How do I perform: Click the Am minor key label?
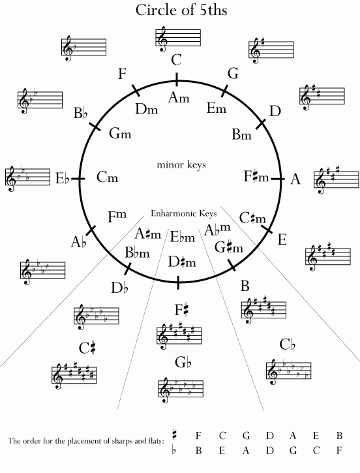click(179, 98)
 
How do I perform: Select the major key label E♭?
click(63, 178)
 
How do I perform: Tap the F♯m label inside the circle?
click(256, 176)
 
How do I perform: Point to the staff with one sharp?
click(271, 50)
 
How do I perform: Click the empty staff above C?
click(178, 38)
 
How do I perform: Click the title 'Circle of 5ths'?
click(181, 10)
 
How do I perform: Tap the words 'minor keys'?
click(181, 164)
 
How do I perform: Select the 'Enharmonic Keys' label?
click(184, 213)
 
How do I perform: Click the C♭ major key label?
click(287, 344)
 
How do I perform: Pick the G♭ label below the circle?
click(183, 362)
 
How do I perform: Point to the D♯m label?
click(182, 262)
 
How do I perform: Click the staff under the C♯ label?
click(74, 376)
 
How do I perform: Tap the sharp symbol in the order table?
click(174, 435)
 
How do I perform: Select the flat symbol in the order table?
click(173, 450)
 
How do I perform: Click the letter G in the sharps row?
click(246, 436)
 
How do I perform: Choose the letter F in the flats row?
click(339, 450)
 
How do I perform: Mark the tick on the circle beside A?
click(277, 179)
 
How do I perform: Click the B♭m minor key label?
click(137, 252)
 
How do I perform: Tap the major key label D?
click(275, 112)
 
